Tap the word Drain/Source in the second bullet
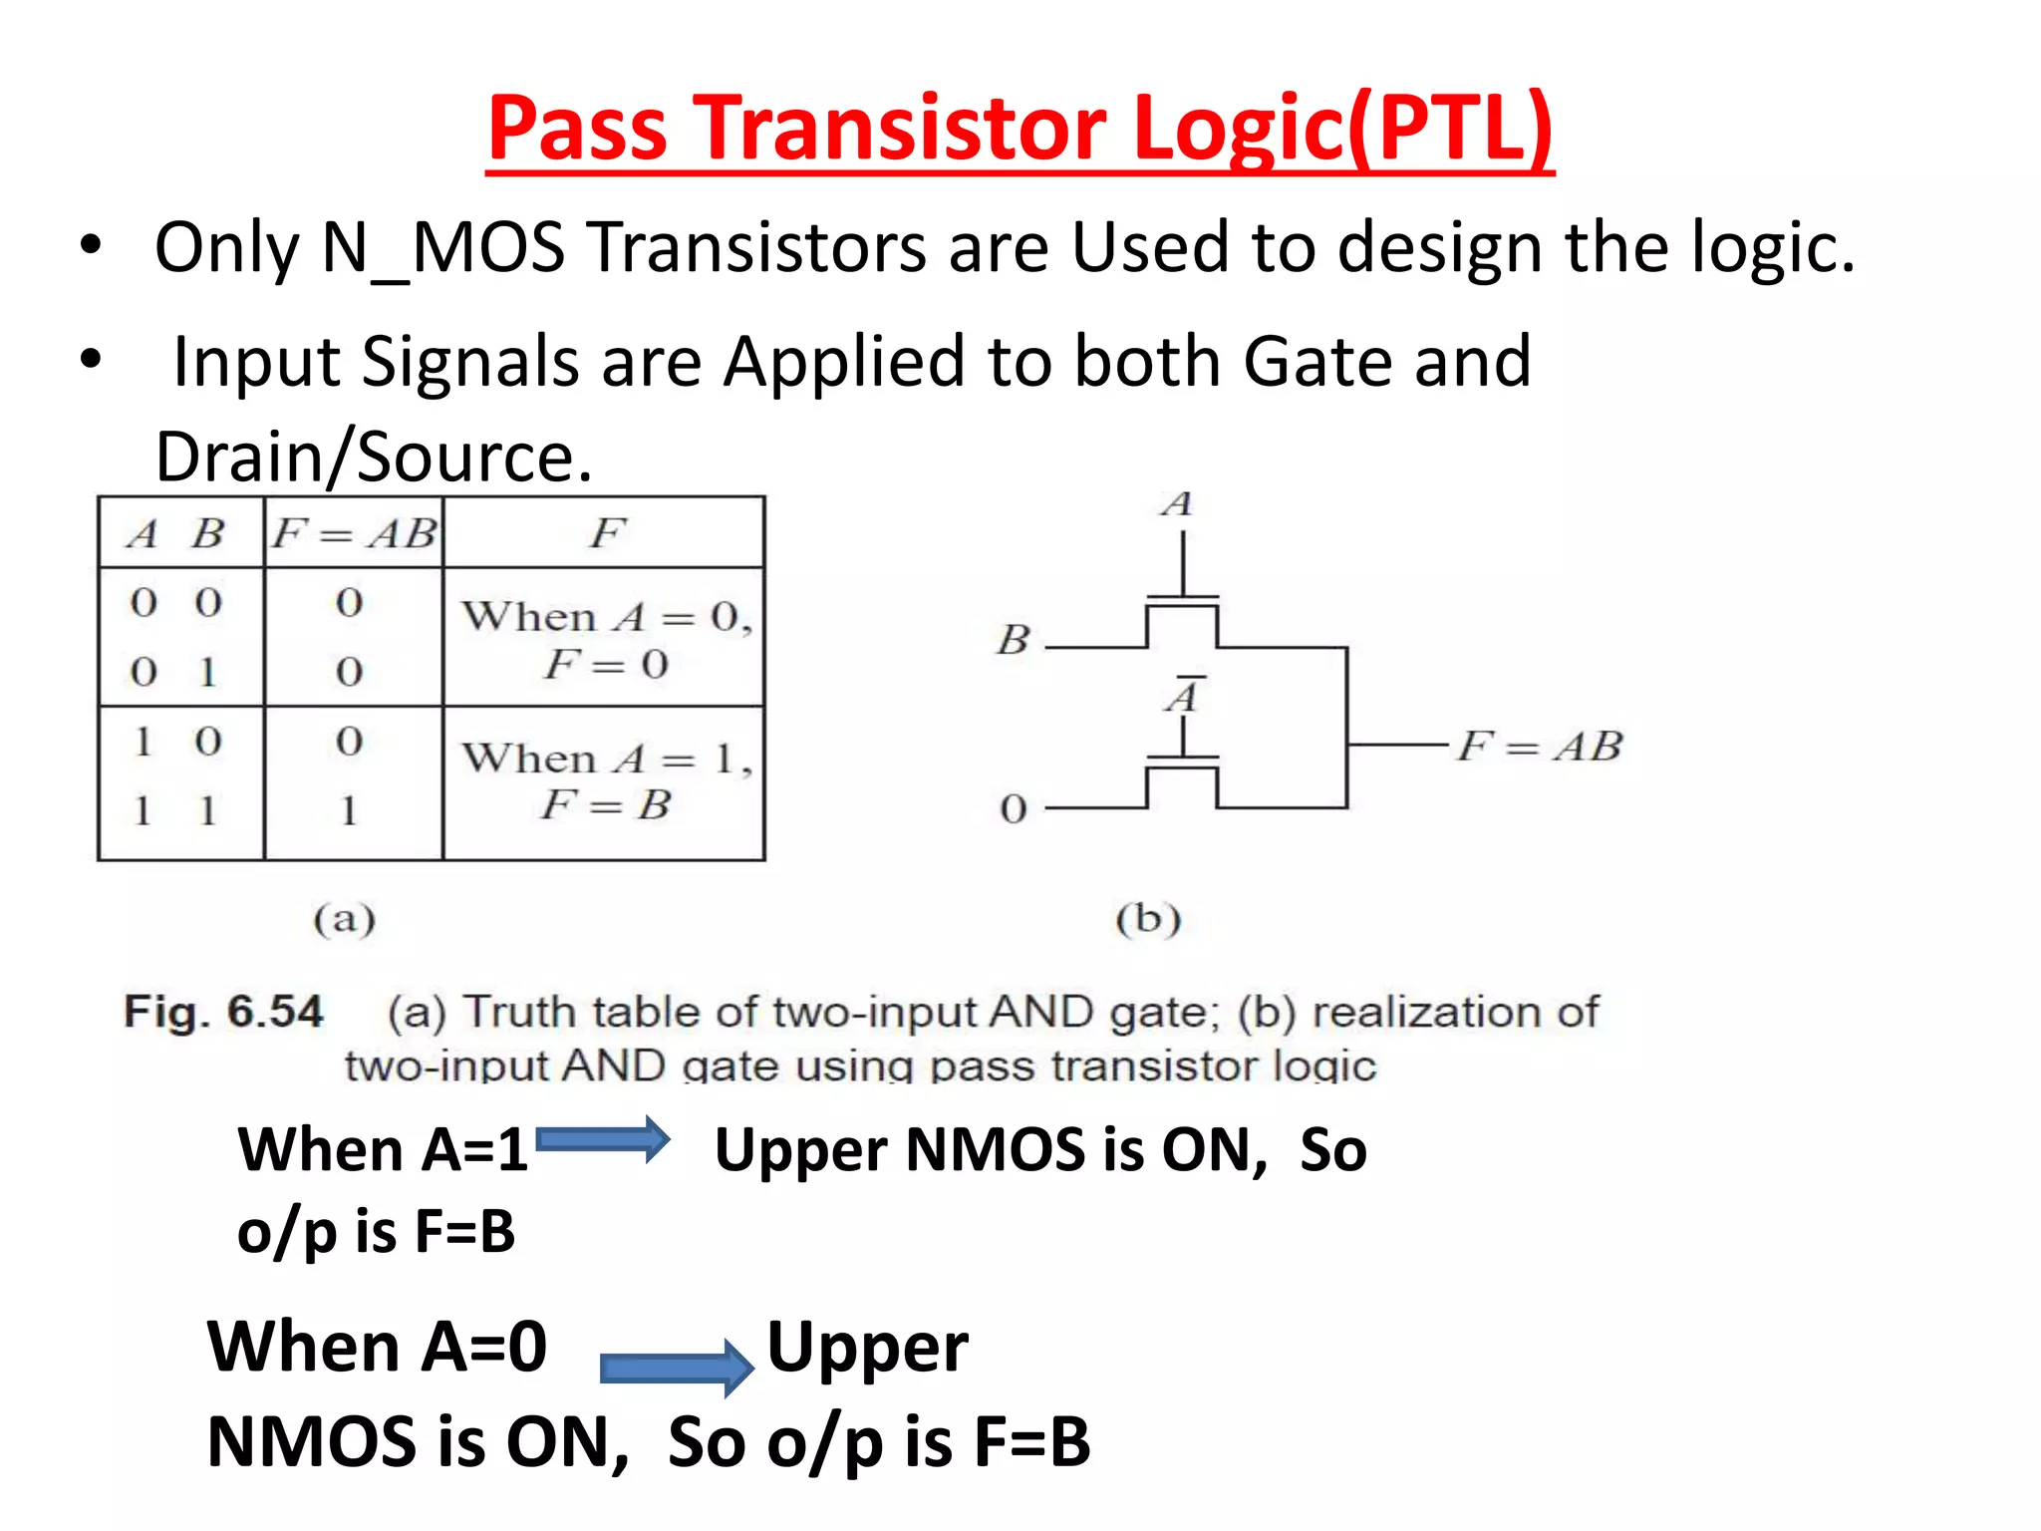click(x=374, y=457)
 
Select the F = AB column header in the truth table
click(x=354, y=533)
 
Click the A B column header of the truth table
click(x=176, y=533)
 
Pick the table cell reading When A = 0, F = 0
click(x=605, y=639)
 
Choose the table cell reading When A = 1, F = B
click(x=605, y=780)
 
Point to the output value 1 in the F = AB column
click(x=349, y=810)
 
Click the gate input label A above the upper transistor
click(x=1177, y=504)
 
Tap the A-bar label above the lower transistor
click(x=1182, y=695)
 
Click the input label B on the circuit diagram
click(x=1014, y=640)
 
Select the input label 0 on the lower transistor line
click(x=1014, y=808)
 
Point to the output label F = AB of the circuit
click(x=1540, y=746)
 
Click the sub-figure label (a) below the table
click(x=345, y=918)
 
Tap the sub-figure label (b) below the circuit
click(x=1148, y=918)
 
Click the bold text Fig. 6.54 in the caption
click(x=223, y=1012)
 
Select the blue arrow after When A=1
click(x=603, y=1139)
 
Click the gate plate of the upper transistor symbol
click(x=1182, y=598)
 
